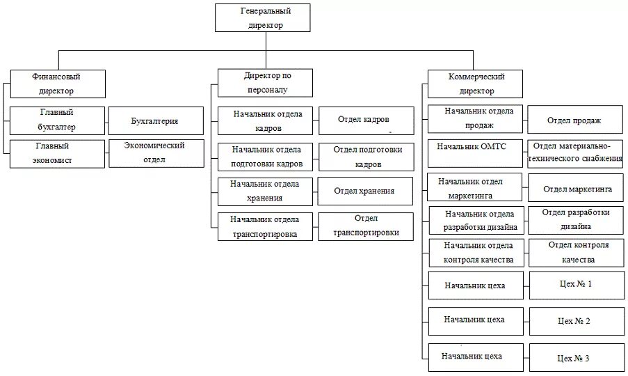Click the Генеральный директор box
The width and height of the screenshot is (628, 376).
coord(266,17)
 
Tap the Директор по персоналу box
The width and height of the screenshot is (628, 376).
coord(265,82)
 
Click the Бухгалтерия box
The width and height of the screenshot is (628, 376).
coord(155,120)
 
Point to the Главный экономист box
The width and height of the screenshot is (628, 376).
coord(57,153)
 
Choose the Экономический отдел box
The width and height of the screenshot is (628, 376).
coord(155,153)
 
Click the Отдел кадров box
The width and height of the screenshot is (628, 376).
coord(365,120)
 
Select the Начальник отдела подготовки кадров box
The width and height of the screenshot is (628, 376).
coord(266,157)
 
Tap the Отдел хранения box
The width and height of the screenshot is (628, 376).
coord(365,191)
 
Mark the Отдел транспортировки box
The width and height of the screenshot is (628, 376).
coord(365,226)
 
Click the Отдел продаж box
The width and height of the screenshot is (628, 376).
coord(574,120)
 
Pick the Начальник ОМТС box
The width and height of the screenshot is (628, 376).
coord(474,153)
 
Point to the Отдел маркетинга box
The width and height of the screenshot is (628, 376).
coord(577,188)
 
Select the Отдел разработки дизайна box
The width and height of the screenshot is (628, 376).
coord(577,219)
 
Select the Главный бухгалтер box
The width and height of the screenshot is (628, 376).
coord(57,120)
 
